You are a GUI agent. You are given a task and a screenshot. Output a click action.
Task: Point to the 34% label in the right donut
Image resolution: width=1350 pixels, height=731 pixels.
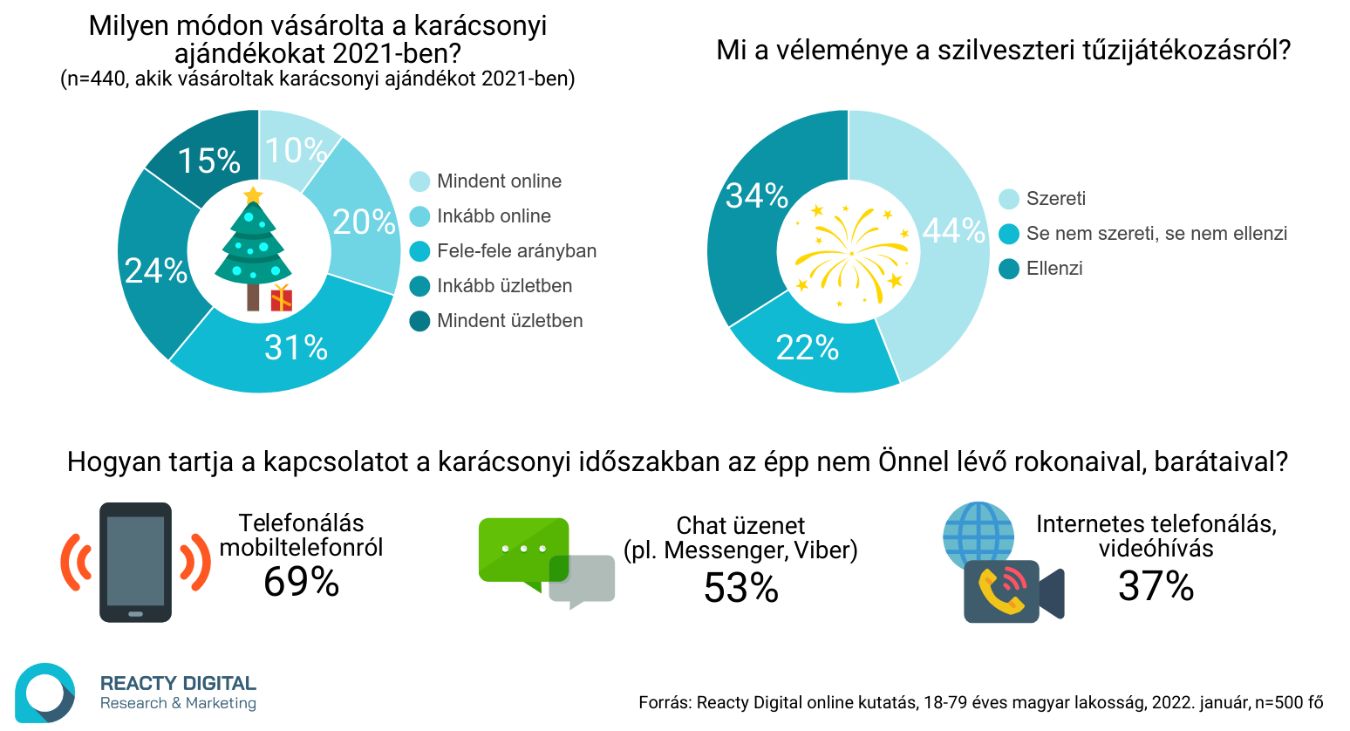pos(756,196)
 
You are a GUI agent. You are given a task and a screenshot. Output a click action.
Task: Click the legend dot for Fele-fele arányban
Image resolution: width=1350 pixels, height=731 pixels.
pos(419,251)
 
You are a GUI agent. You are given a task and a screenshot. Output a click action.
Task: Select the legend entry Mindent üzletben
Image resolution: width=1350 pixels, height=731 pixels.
pos(509,321)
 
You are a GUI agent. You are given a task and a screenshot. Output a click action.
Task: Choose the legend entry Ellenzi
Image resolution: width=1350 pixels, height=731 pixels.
pos(1053,269)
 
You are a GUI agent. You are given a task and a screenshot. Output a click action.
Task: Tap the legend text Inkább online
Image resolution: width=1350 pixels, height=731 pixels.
pos(494,216)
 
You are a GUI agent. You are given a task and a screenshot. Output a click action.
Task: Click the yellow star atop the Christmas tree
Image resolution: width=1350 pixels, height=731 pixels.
pos(253,194)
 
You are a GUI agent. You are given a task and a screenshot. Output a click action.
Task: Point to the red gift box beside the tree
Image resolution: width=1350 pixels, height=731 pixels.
pos(281,297)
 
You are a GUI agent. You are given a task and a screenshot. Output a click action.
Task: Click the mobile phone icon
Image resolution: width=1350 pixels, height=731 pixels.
pos(135,562)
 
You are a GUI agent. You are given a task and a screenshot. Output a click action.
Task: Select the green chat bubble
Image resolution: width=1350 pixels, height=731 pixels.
pos(523,550)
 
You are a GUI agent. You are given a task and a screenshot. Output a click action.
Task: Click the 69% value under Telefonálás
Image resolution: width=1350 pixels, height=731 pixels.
pos(301,582)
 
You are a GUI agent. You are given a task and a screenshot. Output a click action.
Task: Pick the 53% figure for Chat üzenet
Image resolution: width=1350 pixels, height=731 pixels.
pos(740,588)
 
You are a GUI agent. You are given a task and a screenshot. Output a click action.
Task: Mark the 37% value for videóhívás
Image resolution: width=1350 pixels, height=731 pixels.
pos(1156,586)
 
